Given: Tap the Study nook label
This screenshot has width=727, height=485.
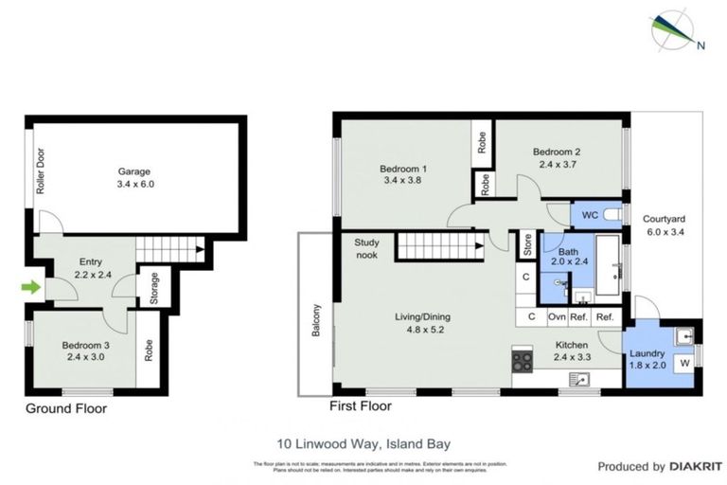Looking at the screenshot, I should coord(366,249).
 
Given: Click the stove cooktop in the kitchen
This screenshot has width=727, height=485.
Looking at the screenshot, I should coord(523,360).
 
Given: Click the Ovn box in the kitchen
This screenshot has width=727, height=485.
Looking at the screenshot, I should coord(557,316).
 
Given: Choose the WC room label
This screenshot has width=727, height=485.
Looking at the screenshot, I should coord(589,214).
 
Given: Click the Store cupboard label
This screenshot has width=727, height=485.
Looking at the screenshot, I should coord(526,245).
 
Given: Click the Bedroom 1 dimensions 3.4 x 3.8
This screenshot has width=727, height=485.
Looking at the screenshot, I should coord(402,180).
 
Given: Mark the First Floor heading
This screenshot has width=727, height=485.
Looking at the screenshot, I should coord(359,406).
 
